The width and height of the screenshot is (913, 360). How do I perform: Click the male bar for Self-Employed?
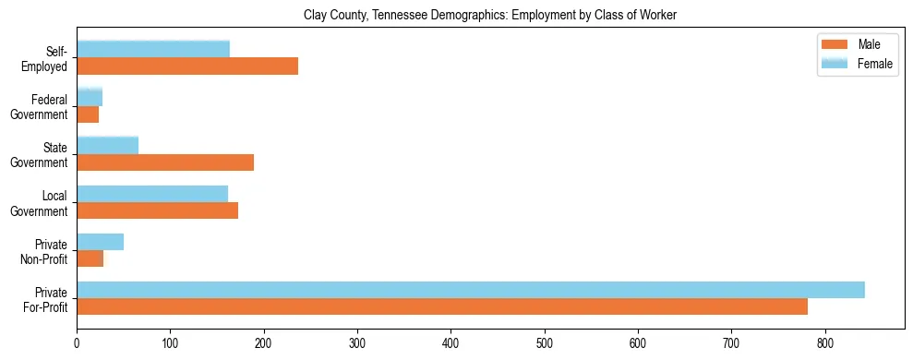(187, 66)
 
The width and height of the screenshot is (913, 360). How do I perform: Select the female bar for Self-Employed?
(153, 49)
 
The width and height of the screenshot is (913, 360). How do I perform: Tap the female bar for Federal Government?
(90, 97)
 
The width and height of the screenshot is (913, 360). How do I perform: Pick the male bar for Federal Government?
(88, 114)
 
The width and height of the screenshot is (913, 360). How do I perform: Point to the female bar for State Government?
(107, 145)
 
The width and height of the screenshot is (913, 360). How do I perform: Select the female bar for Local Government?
(152, 193)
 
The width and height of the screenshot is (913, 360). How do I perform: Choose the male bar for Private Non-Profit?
(90, 258)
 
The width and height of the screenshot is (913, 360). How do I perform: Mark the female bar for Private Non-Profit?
(100, 242)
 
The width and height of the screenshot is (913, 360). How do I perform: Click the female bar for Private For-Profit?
(471, 290)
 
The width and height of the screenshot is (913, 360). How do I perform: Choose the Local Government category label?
(44, 203)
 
